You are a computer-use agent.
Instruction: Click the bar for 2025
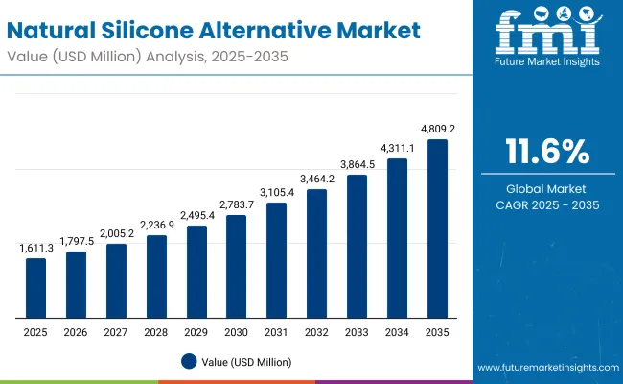tap(35, 288)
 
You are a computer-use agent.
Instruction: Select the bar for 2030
tap(236, 267)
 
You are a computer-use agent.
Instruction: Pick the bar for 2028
tap(156, 276)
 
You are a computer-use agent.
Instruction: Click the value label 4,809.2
tap(437, 128)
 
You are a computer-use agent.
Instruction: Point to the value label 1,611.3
tap(35, 248)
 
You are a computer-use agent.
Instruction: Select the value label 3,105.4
tap(276, 192)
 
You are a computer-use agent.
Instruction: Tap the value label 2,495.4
tap(196, 215)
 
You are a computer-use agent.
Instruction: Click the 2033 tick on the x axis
tap(357, 331)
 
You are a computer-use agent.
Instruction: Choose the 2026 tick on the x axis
tap(76, 331)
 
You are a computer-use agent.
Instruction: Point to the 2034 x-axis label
tap(397, 331)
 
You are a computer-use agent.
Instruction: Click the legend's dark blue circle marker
tap(189, 362)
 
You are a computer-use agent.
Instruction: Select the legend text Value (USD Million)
tap(246, 362)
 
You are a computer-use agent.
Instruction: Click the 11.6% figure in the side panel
tap(545, 152)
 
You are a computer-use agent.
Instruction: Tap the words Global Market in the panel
tap(545, 189)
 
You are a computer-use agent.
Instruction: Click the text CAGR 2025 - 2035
tap(545, 204)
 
